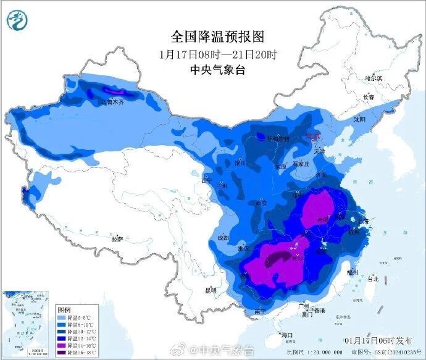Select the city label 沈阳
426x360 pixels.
(x=359, y=119)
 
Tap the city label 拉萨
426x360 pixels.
(x=117, y=238)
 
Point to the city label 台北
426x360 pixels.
(x=373, y=279)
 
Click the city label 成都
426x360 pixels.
(x=223, y=238)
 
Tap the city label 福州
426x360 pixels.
(x=353, y=270)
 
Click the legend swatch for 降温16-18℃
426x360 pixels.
(x=64, y=354)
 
